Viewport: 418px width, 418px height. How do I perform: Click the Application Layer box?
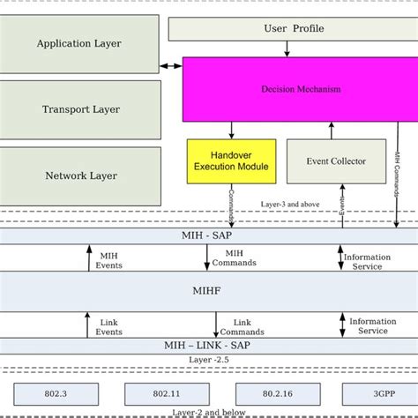point(80,43)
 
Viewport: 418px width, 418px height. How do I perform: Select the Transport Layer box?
point(80,110)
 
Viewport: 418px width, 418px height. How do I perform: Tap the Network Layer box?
point(80,175)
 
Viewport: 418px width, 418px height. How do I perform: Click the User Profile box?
point(294,28)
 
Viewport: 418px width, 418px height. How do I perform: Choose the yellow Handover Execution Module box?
point(231,161)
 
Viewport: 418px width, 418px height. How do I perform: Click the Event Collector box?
point(330,161)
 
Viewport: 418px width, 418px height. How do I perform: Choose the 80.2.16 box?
point(265,394)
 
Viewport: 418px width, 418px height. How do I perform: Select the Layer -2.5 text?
point(209,361)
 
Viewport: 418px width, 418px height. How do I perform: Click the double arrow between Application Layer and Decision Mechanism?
point(172,66)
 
